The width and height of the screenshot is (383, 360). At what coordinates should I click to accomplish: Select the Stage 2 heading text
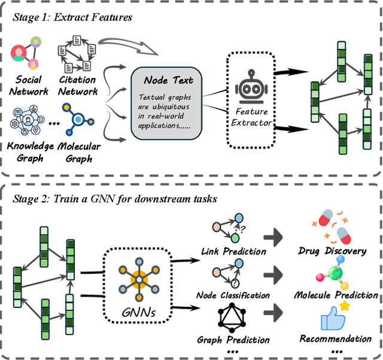point(113,198)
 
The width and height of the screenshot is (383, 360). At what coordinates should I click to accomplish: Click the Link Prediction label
point(233,251)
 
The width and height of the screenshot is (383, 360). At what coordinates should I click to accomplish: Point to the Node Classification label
point(233,295)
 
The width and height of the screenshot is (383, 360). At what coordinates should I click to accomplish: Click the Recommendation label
point(335,339)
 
